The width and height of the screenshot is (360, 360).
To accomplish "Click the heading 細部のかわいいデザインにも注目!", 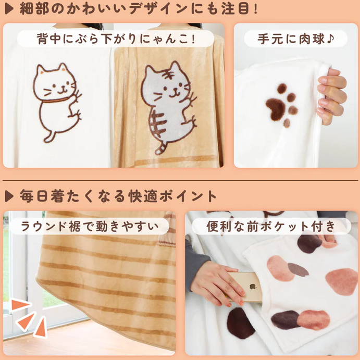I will tap(138, 9).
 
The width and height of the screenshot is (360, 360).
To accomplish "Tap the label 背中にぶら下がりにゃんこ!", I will tap(116, 39).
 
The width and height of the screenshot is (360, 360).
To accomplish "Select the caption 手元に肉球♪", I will tap(296, 39).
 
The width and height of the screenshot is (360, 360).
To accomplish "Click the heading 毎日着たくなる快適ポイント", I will tap(118, 196).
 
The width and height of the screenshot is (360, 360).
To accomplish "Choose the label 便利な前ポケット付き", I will tap(271, 226).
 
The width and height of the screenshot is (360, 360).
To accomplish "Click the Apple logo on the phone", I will tap(252, 287).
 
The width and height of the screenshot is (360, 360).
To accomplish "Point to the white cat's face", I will tap(56, 83).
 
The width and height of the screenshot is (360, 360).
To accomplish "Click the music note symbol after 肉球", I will tap(330, 39).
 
